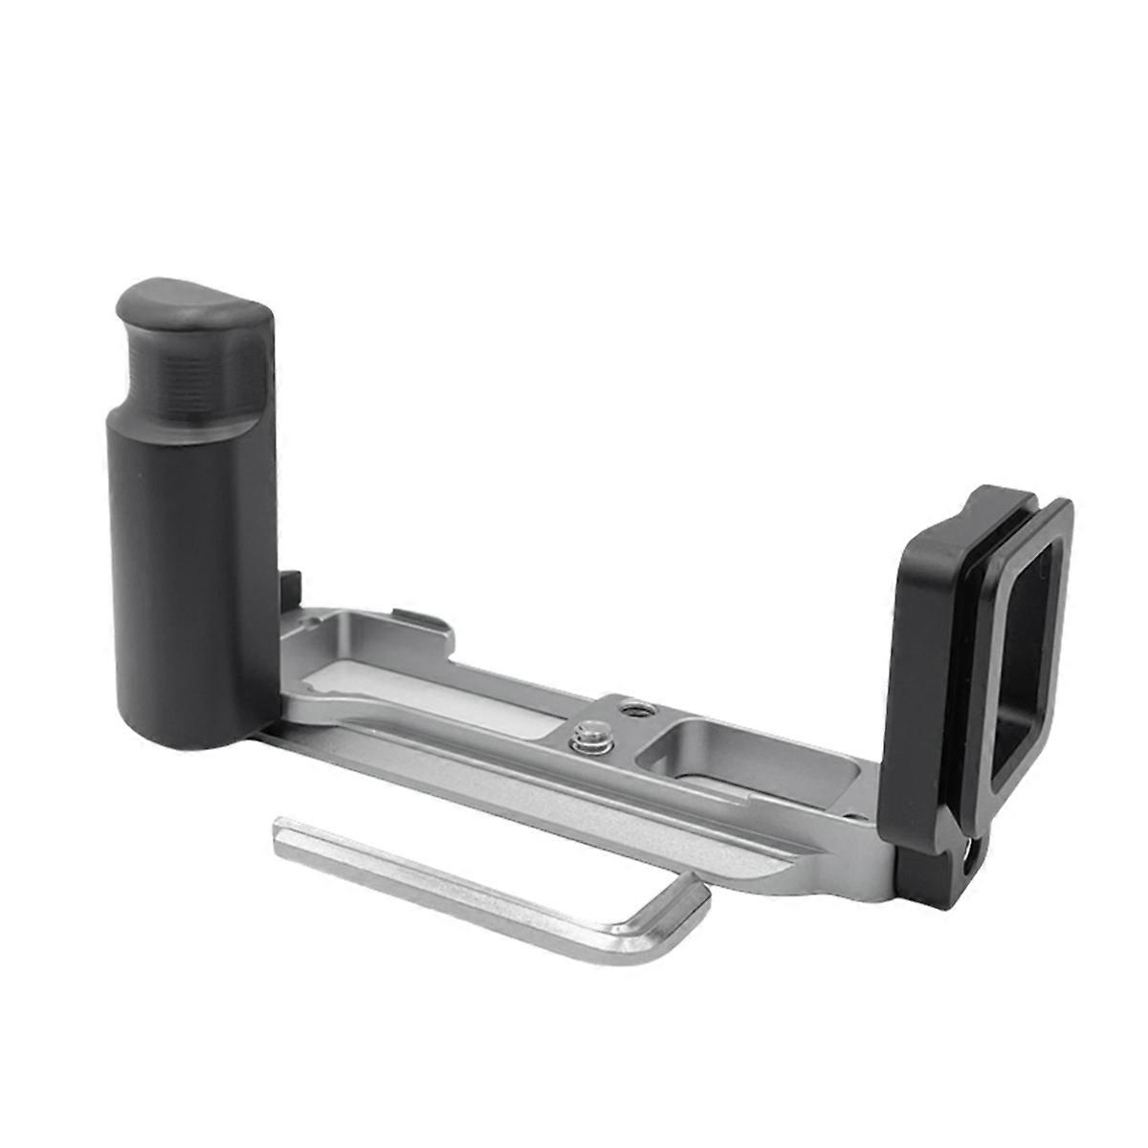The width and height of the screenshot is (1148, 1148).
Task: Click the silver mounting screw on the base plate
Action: [582, 738]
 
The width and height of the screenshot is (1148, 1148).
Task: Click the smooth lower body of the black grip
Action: [191, 574]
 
